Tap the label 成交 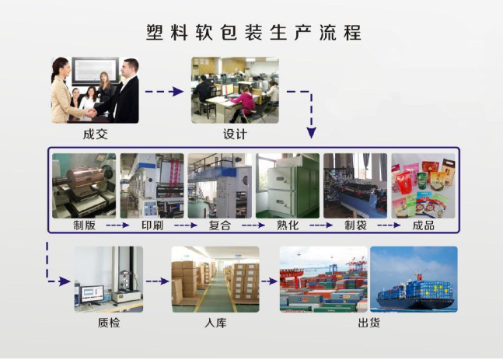[x=95, y=134]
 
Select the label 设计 [x=235, y=134]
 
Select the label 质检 [x=109, y=322]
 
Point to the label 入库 [x=215, y=322]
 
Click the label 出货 [x=369, y=322]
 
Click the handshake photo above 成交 [x=95, y=89]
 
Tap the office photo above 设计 [x=235, y=89]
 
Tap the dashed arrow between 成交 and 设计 [x=165, y=92]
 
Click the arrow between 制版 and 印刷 [x=117, y=226]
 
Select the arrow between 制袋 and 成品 [x=389, y=226]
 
